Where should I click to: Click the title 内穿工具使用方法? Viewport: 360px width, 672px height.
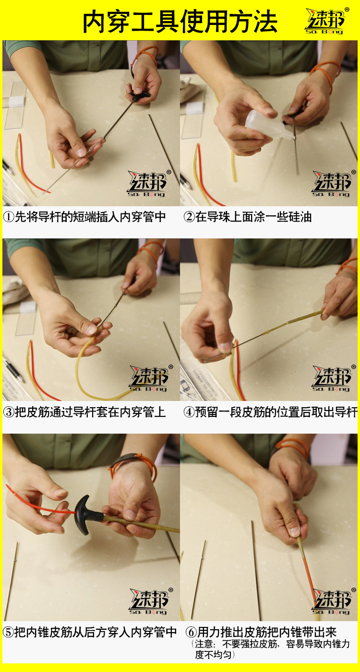180,21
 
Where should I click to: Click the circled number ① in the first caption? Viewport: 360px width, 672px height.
9,217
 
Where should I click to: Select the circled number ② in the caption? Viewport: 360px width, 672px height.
189,217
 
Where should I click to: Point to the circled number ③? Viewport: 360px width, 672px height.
9,412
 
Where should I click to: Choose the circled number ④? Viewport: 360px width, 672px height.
189,412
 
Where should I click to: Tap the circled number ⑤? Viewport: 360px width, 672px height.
9,632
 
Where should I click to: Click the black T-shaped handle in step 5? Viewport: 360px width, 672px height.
86,515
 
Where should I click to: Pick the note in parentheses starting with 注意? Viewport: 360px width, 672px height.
271,649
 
